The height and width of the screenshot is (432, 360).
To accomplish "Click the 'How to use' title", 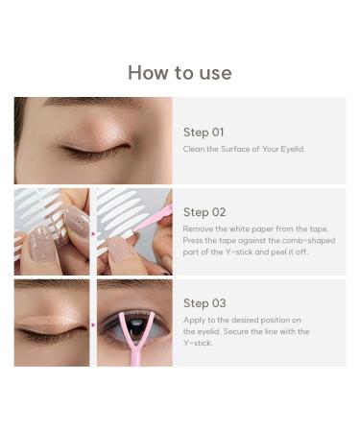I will (x=180, y=73).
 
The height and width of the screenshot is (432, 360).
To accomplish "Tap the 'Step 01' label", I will (x=204, y=132).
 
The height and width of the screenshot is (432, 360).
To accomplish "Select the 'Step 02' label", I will (x=204, y=212).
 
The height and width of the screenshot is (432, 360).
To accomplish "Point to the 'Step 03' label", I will (x=204, y=303).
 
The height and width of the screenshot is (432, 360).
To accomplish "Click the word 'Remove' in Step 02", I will (x=197, y=229).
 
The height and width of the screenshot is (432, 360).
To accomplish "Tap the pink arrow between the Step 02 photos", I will (x=93, y=231).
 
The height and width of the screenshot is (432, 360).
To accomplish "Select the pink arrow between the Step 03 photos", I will (x=93, y=324).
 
